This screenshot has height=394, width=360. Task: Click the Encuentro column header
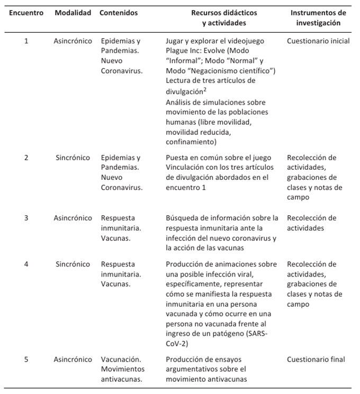[26, 12]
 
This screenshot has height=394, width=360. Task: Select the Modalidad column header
[73, 12]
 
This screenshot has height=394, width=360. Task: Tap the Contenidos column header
[119, 12]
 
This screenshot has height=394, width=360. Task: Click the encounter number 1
[26, 41]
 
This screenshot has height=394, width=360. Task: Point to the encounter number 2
[26, 158]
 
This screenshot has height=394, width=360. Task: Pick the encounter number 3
[26, 218]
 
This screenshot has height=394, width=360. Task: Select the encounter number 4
[26, 264]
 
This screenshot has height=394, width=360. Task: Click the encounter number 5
[26, 360]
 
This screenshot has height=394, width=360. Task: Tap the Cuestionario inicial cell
[316, 41]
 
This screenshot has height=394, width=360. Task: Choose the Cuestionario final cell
[316, 360]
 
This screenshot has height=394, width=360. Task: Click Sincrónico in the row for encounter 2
[73, 158]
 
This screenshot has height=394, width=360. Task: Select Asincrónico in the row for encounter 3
[73, 218]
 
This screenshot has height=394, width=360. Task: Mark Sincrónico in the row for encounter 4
[73, 264]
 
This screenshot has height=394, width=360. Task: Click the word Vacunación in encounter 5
[120, 360]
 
